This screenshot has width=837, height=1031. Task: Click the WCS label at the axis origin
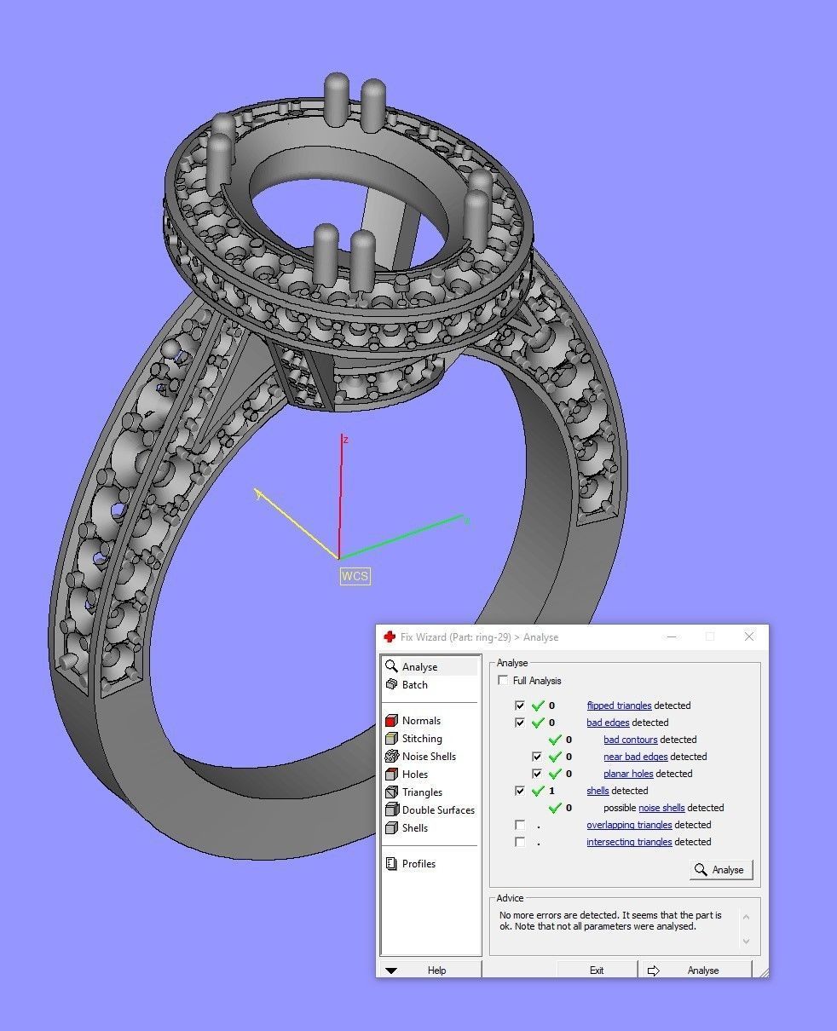355,576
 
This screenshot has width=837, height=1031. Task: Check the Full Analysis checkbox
504,681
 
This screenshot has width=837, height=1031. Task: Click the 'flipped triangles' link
619,706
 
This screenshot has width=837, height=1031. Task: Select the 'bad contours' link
630,740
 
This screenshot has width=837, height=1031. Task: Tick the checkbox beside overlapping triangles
520,825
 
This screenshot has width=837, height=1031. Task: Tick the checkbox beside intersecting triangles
520,842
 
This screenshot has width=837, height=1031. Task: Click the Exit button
597,970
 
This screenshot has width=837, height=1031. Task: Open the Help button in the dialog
430,970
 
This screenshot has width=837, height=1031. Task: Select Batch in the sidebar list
414,685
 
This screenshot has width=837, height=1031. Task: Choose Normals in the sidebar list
421,721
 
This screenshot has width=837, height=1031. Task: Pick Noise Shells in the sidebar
428,757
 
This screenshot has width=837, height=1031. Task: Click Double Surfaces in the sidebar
437,810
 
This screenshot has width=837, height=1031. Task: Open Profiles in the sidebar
418,864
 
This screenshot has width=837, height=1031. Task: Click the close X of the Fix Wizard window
748,636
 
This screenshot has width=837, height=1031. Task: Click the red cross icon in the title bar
390,637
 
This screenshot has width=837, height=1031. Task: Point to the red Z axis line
341,494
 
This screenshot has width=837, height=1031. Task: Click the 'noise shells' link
661,808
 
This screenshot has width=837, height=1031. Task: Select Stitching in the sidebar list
422,739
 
